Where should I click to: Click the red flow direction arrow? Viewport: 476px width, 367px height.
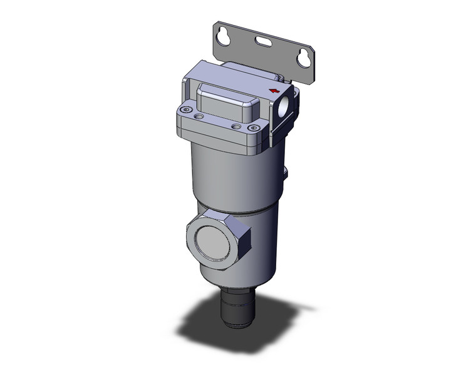tap(273, 91)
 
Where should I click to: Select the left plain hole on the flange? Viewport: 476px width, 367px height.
tap(199, 116)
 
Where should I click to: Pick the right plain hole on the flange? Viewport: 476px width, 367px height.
tap(235, 126)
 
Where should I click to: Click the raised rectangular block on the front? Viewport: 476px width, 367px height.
tap(222, 108)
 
